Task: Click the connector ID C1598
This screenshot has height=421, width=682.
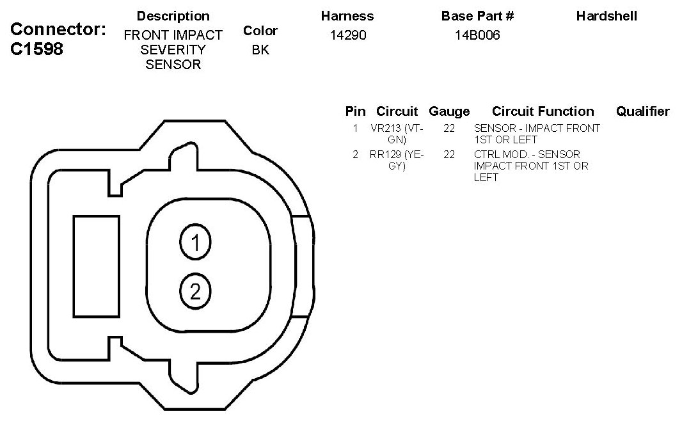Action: [36, 49]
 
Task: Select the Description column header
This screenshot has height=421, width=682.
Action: [173, 16]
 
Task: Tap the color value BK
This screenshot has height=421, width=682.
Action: [260, 49]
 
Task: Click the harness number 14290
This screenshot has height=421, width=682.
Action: [348, 35]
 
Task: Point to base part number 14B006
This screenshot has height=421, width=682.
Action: [477, 35]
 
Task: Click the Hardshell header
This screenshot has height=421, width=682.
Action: [607, 16]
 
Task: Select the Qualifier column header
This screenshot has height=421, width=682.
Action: [643, 111]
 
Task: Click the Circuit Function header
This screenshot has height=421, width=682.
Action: [543, 111]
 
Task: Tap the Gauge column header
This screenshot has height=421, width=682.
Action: [449, 111]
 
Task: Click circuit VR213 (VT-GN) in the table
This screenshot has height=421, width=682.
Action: [397, 134]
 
